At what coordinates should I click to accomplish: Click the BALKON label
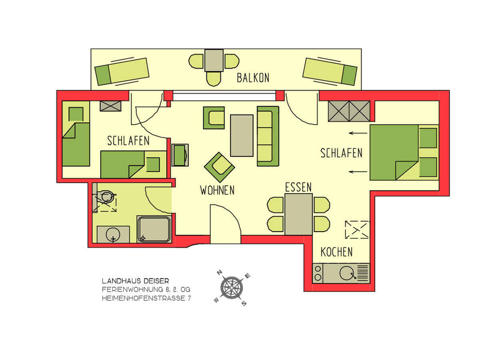(253, 78)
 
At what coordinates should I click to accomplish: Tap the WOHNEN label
(217, 190)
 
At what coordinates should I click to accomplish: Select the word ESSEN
(298, 187)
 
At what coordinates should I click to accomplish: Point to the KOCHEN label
(336, 252)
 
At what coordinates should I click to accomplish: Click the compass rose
(232, 288)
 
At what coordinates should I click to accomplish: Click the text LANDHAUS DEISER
(135, 281)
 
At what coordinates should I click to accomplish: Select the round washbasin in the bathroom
(113, 235)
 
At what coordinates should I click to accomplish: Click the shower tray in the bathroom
(154, 229)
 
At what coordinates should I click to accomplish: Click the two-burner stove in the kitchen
(318, 274)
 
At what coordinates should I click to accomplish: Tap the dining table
(298, 214)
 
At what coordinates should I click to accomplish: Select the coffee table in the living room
(242, 136)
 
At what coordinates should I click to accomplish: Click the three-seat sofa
(268, 136)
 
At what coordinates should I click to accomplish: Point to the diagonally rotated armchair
(219, 167)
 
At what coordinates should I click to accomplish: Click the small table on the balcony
(214, 60)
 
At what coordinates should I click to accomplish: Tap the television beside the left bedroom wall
(180, 155)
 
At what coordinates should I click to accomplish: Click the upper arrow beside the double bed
(358, 133)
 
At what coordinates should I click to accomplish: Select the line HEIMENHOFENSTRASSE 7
(146, 298)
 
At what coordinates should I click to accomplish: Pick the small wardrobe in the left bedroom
(110, 106)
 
